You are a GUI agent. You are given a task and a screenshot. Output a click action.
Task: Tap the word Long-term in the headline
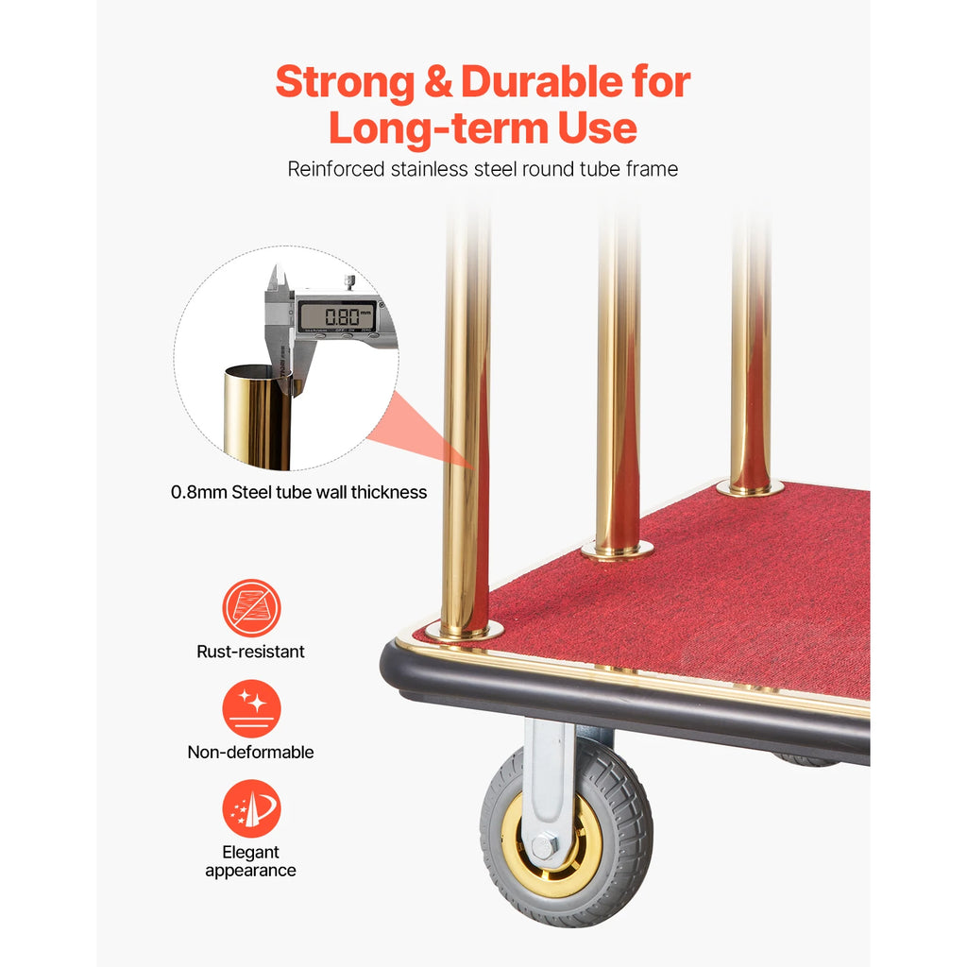pyautogui.click(x=438, y=128)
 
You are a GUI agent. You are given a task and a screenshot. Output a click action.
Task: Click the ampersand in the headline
pyautogui.click(x=438, y=83)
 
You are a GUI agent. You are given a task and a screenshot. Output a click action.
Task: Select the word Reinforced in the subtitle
pyautogui.click(x=335, y=169)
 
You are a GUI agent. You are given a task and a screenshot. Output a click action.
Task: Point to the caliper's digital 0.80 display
pyautogui.click(x=337, y=315)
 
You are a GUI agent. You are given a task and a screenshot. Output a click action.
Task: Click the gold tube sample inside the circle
pyautogui.click(x=258, y=416)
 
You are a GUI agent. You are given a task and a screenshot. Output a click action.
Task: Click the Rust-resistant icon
pyautogui.click(x=251, y=608)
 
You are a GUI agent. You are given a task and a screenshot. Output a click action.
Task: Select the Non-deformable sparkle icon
pyautogui.click(x=251, y=708)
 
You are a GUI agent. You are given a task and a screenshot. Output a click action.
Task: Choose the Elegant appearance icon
pyautogui.click(x=251, y=808)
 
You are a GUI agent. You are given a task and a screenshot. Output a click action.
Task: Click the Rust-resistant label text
pyautogui.click(x=250, y=652)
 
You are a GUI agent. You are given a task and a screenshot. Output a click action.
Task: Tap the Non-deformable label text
pyautogui.click(x=250, y=753)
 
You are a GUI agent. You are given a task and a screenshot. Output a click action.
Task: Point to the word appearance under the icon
pyautogui.click(x=250, y=871)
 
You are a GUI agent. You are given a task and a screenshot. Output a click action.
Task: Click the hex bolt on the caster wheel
pyautogui.click(x=543, y=846)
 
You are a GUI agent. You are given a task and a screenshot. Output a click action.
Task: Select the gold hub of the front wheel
pyautogui.click(x=558, y=846)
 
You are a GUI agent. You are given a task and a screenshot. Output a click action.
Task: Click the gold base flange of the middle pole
pyautogui.click(x=618, y=551)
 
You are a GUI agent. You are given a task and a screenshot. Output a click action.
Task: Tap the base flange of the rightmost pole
pyautogui.click(x=750, y=488)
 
